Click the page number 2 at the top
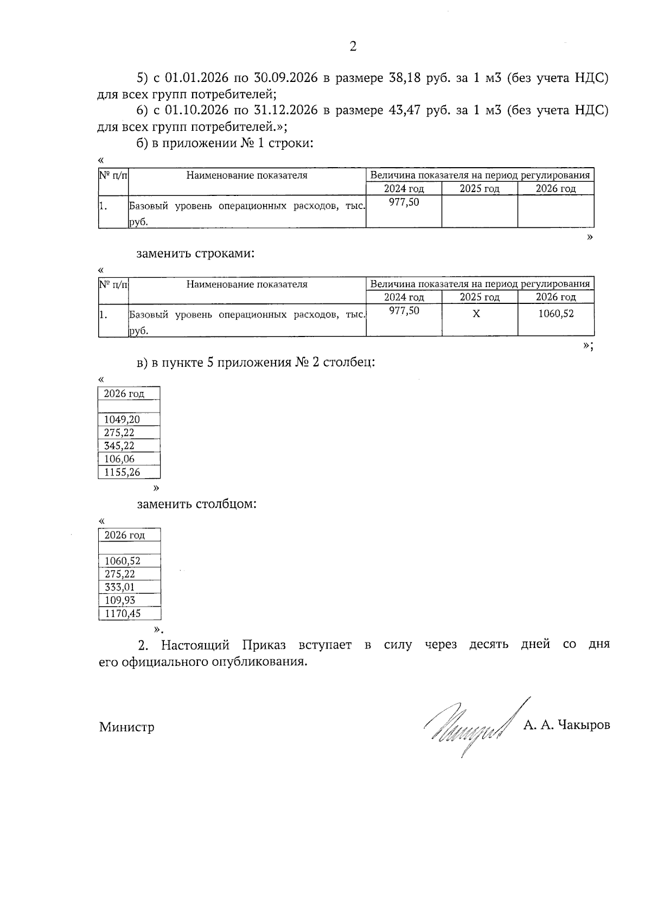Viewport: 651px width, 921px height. (353, 47)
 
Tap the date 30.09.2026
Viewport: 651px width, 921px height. (285, 78)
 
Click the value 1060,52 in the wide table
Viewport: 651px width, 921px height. (556, 313)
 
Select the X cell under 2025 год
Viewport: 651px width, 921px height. (476, 314)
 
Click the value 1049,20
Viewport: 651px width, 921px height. (122, 420)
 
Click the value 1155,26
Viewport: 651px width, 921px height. (122, 472)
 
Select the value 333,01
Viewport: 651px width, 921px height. (119, 587)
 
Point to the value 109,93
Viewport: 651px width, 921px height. (119, 600)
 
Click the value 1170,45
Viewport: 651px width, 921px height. (123, 614)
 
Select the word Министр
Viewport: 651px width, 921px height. (126, 727)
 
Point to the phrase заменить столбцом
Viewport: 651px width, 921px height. (196, 504)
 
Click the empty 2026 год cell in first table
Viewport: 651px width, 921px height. (556, 212)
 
